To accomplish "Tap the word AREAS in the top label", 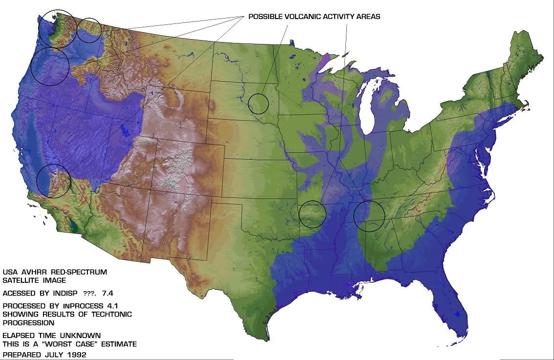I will pyautogui.click(x=368, y=17).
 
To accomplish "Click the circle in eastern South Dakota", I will pyautogui.click(x=258, y=103).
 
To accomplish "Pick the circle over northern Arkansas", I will pyautogui.click(x=312, y=214).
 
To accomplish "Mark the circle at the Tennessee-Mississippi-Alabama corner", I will pyautogui.click(x=369, y=215).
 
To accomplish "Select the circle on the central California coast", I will pyautogui.click(x=54, y=181).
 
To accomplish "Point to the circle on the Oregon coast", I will pyautogui.click(x=49, y=67).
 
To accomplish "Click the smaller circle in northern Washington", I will pyautogui.click(x=89, y=30).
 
